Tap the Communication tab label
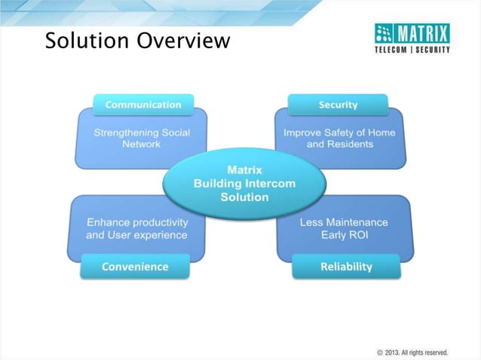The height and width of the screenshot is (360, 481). (x=143, y=105)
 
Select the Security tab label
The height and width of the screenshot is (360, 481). (x=338, y=105)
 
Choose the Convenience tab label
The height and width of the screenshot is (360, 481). (x=136, y=267)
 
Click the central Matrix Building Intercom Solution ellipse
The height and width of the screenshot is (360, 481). (x=244, y=183)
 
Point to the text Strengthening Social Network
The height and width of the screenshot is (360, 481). (x=142, y=138)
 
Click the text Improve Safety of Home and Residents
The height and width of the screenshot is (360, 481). (x=339, y=138)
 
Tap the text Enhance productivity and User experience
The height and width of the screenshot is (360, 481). (x=137, y=229)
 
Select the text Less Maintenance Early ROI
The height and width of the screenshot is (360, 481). (x=344, y=229)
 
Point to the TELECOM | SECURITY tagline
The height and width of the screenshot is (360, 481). (x=412, y=50)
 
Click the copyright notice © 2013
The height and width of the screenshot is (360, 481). (x=412, y=352)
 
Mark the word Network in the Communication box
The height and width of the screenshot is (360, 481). (x=142, y=144)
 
